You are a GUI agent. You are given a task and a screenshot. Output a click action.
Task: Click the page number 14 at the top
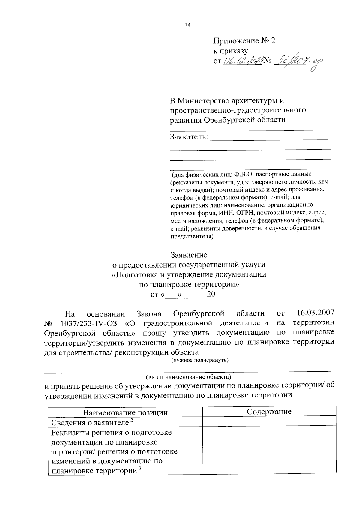188,26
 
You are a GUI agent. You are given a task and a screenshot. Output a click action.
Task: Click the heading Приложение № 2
244,41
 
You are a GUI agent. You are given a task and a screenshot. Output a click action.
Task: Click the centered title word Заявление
189,255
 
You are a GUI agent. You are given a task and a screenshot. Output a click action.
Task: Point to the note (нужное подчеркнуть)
200,360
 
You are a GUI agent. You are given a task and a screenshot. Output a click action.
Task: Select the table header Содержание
269,412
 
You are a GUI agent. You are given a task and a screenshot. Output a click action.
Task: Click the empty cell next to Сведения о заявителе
269,421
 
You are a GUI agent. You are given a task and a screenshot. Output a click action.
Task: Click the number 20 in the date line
211,294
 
